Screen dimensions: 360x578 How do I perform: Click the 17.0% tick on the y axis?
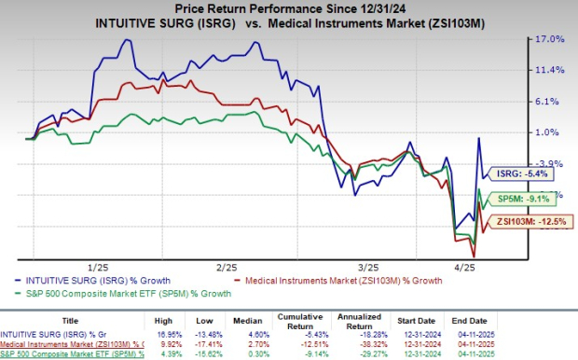pyautogui.click(x=548, y=39)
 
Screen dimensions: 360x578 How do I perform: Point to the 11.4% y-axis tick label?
pyautogui.click(x=548, y=70)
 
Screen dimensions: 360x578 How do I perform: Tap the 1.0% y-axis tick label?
pyautogui.click(x=548, y=132)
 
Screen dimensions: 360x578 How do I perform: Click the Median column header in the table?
pyautogui.click(x=259, y=317)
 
